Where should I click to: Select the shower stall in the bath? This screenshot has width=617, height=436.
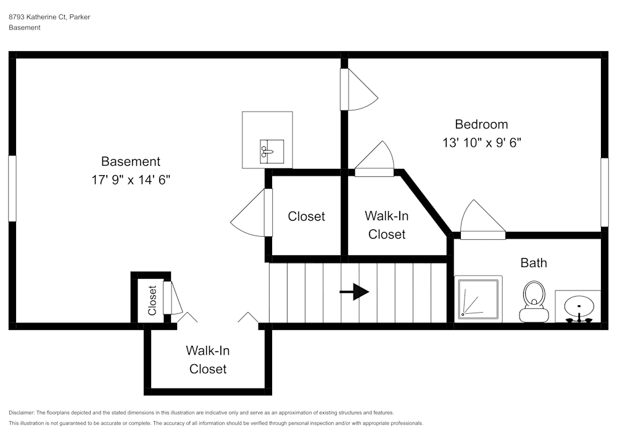[x=478, y=299]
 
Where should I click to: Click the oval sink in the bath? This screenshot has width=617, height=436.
[x=579, y=305]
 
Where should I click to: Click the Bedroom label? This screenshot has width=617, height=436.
[x=481, y=124]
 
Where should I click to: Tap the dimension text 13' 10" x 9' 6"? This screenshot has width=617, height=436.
[x=481, y=142]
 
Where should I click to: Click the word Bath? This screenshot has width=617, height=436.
[x=533, y=263]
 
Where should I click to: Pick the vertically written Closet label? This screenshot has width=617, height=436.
[x=152, y=300]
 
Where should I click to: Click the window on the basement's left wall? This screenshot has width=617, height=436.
[x=12, y=188]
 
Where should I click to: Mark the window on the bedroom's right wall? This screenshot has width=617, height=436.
[x=605, y=192]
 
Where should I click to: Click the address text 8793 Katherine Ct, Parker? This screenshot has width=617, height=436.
[x=49, y=17]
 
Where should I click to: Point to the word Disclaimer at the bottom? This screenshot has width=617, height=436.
[x=22, y=413]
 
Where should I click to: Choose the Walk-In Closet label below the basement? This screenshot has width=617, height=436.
[x=208, y=360]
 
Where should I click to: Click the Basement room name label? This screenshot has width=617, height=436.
[x=130, y=161]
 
